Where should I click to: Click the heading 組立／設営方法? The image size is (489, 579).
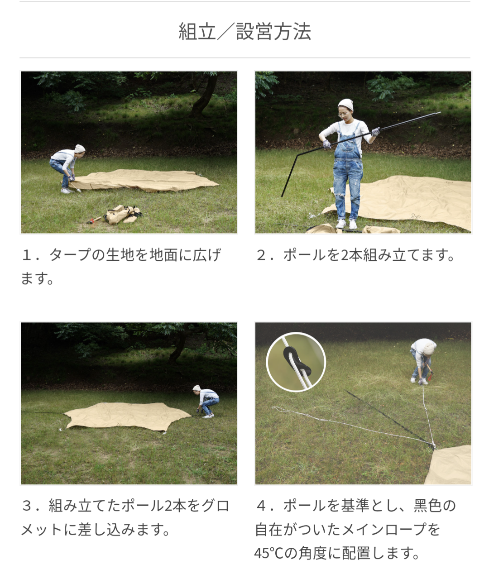click(244, 31)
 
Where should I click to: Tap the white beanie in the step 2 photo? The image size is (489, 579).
click(345, 105)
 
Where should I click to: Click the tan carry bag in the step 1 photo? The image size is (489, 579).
click(122, 214)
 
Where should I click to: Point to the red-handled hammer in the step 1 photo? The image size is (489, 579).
click(94, 220)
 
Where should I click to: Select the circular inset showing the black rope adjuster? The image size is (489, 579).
click(296, 362)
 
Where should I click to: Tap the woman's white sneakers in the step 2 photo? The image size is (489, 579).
click(346, 224)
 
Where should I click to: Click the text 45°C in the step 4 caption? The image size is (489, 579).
click(268, 553)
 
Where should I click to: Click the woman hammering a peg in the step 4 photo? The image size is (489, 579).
click(422, 361)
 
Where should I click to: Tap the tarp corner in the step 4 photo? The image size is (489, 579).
click(434, 447)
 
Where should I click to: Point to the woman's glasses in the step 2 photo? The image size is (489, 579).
click(343, 114)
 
